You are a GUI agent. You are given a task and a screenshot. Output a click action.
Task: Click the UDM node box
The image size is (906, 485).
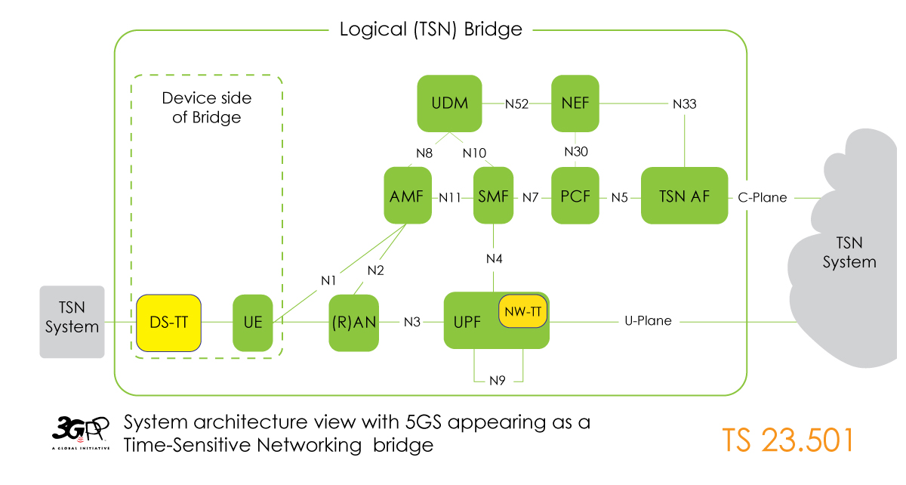point(449,103)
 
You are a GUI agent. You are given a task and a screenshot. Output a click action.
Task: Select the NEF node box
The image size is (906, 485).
point(575,103)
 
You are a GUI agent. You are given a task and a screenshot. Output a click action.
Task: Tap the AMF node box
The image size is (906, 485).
point(408,196)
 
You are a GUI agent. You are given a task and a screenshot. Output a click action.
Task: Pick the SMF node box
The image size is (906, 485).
point(493,196)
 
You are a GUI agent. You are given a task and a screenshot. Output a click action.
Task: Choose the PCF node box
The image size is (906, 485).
point(575,196)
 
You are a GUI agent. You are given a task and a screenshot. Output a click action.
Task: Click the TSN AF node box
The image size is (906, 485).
point(684,196)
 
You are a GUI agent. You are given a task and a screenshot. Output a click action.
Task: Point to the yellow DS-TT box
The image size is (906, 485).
point(168,323)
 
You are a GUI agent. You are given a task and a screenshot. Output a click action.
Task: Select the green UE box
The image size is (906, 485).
point(252,323)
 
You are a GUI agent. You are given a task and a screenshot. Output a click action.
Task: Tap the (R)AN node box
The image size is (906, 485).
point(353,323)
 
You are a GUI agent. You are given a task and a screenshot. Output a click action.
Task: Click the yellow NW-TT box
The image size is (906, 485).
point(522,310)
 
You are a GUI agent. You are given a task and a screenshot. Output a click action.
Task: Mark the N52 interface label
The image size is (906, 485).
point(517,103)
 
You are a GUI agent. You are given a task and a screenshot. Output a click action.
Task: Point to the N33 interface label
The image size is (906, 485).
point(684,103)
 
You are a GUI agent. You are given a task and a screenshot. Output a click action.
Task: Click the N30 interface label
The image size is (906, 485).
point(576,152)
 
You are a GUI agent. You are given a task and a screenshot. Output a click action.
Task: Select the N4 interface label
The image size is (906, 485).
point(494,259)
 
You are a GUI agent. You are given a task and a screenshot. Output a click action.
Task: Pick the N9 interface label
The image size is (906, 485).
point(497,380)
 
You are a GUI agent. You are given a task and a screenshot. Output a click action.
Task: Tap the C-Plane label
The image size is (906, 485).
point(762,197)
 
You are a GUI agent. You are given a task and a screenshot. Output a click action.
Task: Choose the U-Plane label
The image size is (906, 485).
point(649,321)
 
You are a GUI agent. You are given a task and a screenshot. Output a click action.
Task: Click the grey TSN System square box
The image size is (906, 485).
point(72,321)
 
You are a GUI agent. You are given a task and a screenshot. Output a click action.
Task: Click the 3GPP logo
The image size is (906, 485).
point(80,432)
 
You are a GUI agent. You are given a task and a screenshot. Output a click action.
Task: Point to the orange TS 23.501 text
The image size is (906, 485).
point(787,440)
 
